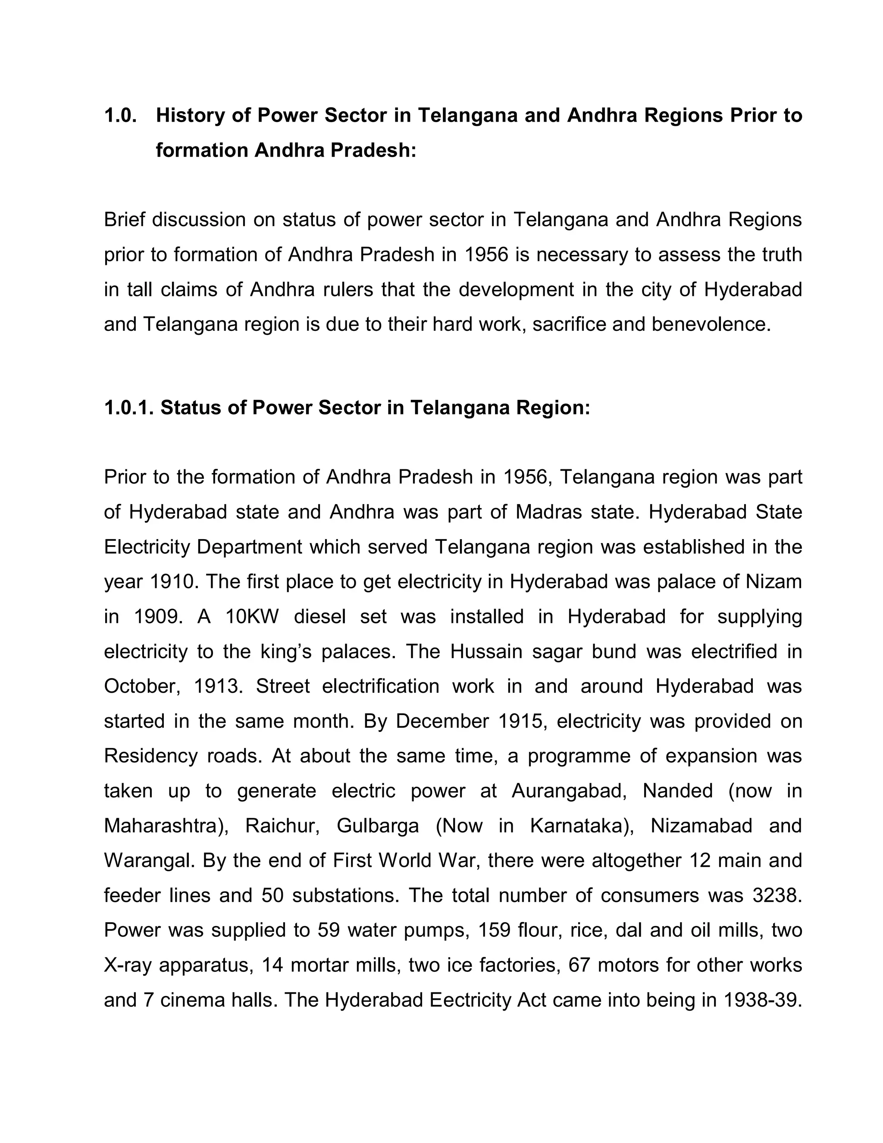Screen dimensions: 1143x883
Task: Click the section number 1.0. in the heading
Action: [120, 116]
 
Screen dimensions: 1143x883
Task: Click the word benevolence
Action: [711, 324]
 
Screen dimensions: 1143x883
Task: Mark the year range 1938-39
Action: [762, 1000]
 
